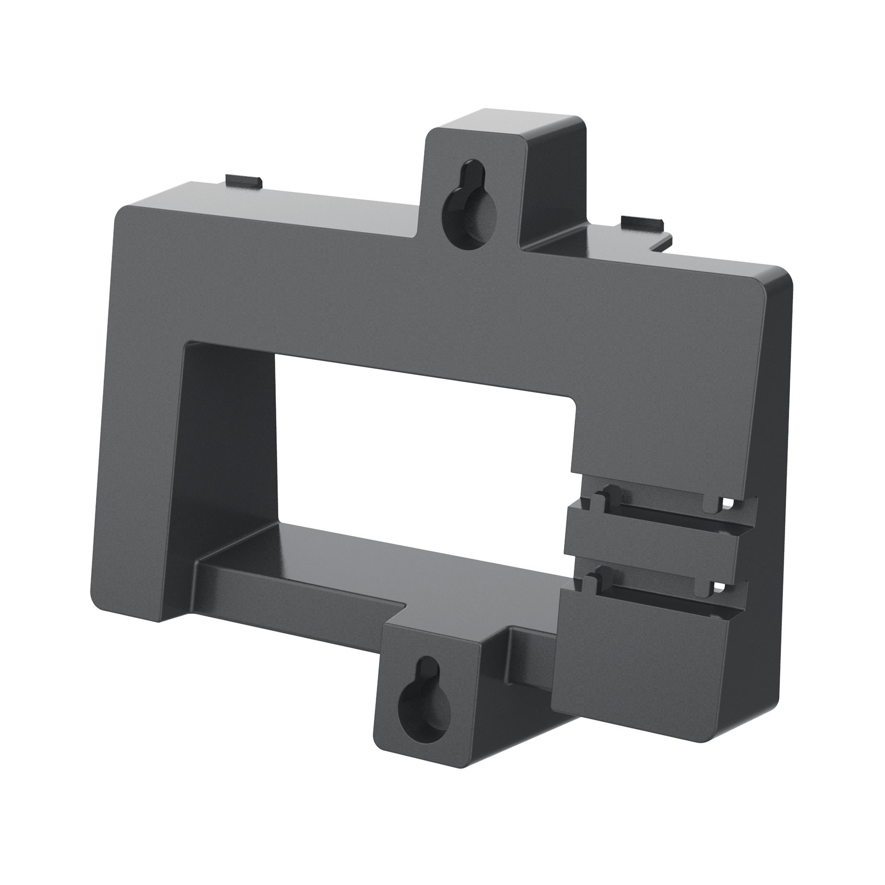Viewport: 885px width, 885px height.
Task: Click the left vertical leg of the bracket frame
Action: pos(138,412)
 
